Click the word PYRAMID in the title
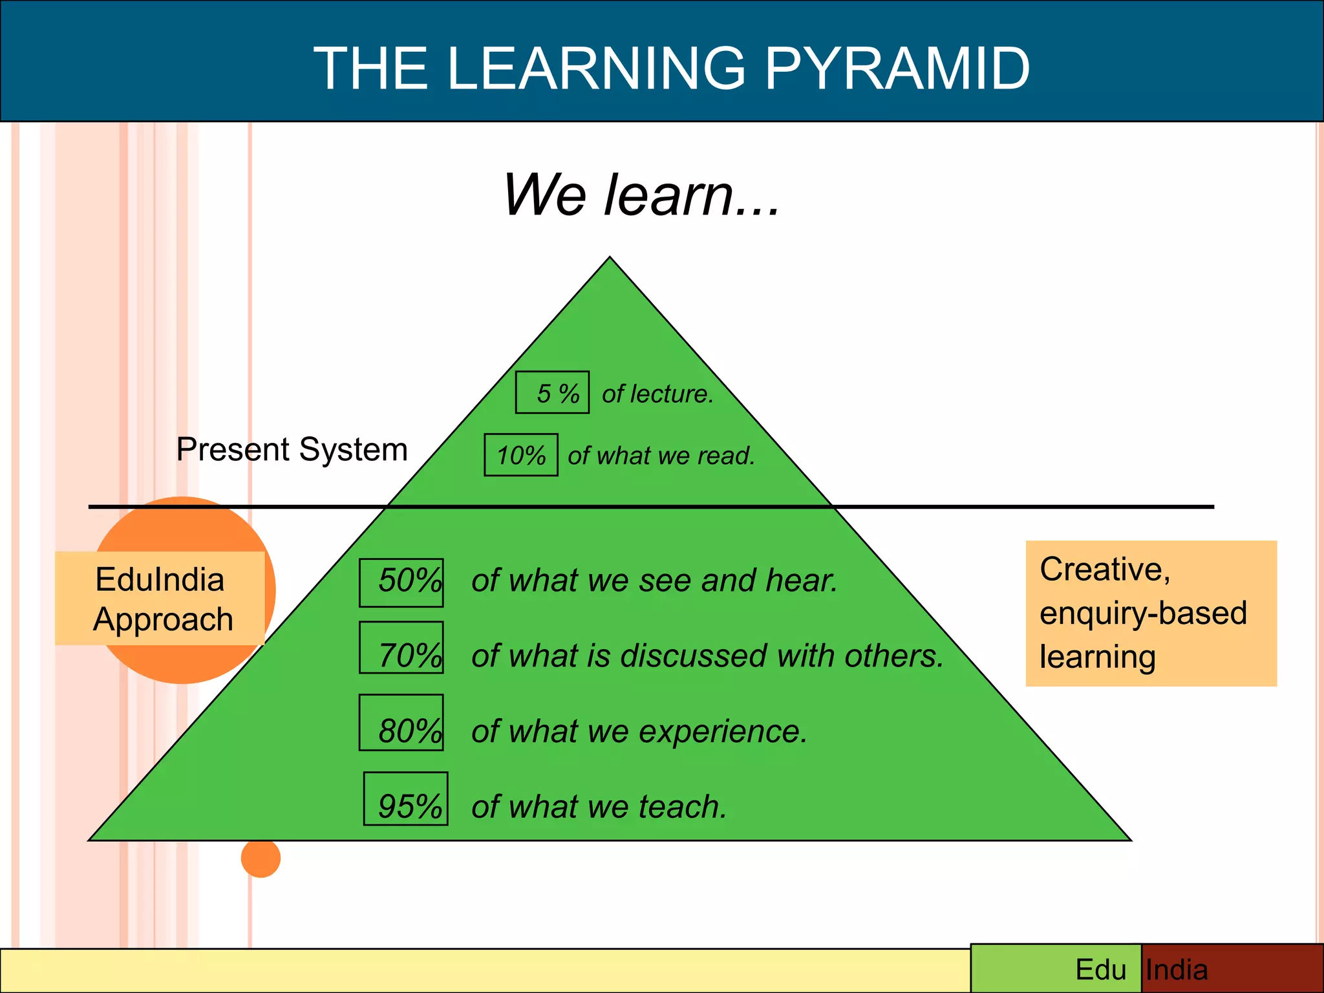click(897, 68)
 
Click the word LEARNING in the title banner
click(595, 68)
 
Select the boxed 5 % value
click(553, 392)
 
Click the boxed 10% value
click(521, 455)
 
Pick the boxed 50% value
click(402, 582)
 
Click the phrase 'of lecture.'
click(657, 394)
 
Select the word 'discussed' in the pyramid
click(694, 656)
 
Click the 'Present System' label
click(292, 449)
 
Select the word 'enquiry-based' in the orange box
click(1143, 613)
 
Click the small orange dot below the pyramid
click(261, 858)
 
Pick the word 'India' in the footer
click(1177, 970)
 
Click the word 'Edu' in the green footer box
click(1100, 970)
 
